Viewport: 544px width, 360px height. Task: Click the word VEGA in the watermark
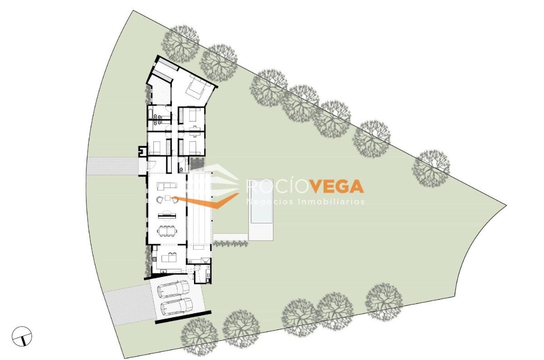(338, 186)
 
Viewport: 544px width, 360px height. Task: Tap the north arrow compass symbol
(22, 336)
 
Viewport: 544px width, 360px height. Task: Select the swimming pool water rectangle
(261, 201)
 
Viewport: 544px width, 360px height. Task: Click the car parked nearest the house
(173, 289)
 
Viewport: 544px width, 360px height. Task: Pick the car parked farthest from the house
(176, 307)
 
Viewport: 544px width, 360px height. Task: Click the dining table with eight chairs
(167, 231)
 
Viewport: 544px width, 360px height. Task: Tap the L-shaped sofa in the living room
(167, 186)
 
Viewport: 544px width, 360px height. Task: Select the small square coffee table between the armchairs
(168, 198)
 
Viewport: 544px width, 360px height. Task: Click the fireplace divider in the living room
(167, 215)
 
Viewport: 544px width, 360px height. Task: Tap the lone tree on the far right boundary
(431, 169)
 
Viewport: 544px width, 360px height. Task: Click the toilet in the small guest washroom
(181, 169)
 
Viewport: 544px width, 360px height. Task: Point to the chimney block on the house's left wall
(143, 151)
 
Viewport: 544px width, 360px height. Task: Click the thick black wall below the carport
(183, 317)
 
